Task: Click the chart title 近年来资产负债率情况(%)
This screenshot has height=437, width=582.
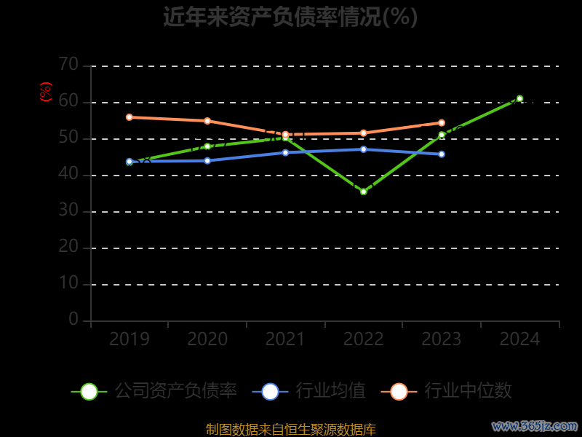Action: pyautogui.click(x=290, y=17)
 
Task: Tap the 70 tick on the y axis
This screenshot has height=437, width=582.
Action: pyautogui.click(x=68, y=65)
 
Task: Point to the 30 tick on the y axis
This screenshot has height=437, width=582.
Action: pyautogui.click(x=68, y=210)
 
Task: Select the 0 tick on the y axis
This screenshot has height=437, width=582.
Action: pyautogui.click(x=73, y=319)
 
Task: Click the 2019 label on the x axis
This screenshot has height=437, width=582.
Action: pyautogui.click(x=129, y=339)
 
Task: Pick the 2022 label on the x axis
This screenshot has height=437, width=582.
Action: pyautogui.click(x=364, y=339)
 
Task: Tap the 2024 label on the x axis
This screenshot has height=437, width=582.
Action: pyautogui.click(x=520, y=339)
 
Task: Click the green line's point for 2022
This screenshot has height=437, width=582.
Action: pyautogui.click(x=364, y=192)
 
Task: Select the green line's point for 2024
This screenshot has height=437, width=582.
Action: pyautogui.click(x=519, y=98)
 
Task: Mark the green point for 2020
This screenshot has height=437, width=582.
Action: pyautogui.click(x=207, y=146)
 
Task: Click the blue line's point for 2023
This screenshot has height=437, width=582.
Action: pyautogui.click(x=442, y=154)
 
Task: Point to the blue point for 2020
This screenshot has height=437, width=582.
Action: pyautogui.click(x=207, y=160)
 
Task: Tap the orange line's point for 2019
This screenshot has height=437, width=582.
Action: pyautogui.click(x=129, y=117)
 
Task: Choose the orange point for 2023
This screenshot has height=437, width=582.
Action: pyautogui.click(x=442, y=123)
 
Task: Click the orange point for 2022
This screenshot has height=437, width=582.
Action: pyautogui.click(x=364, y=133)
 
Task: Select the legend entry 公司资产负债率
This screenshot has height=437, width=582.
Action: pyautogui.click(x=154, y=391)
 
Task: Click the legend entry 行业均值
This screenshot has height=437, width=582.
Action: pyautogui.click(x=308, y=391)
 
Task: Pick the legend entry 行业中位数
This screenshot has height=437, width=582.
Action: pyautogui.click(x=447, y=391)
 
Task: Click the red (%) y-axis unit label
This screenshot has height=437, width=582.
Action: pyautogui.click(x=46, y=92)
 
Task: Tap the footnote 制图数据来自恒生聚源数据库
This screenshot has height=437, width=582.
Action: pyautogui.click(x=291, y=430)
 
